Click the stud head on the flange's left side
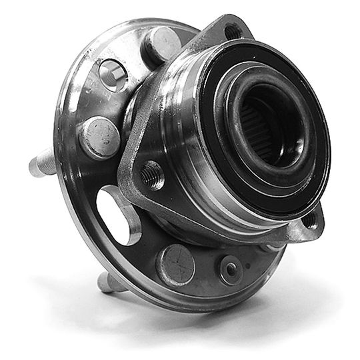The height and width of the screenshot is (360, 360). [x=99, y=137]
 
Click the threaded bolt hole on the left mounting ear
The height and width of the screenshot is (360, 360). [x=153, y=175]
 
